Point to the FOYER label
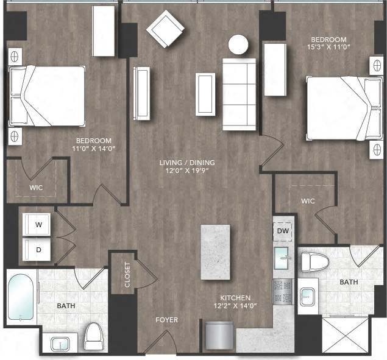tap(166, 319)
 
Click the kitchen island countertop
tap(215, 252)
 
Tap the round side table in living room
tap(238, 44)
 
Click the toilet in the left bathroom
tap(94, 337)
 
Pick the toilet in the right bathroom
tap(315, 263)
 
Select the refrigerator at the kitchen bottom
tap(219, 337)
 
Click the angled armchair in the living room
tap(165, 28)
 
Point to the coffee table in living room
tap(205, 94)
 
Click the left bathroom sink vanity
tap(60, 344)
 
